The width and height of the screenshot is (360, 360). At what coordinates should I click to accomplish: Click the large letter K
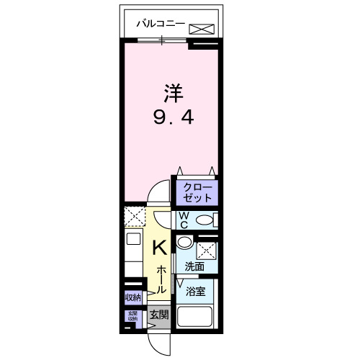(160, 248)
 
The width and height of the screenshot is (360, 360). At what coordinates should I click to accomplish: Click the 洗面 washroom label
(194, 266)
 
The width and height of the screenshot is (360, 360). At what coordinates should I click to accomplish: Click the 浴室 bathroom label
(195, 292)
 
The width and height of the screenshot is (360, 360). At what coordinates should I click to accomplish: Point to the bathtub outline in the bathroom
(195, 318)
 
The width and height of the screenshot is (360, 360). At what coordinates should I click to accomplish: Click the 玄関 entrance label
(159, 315)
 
